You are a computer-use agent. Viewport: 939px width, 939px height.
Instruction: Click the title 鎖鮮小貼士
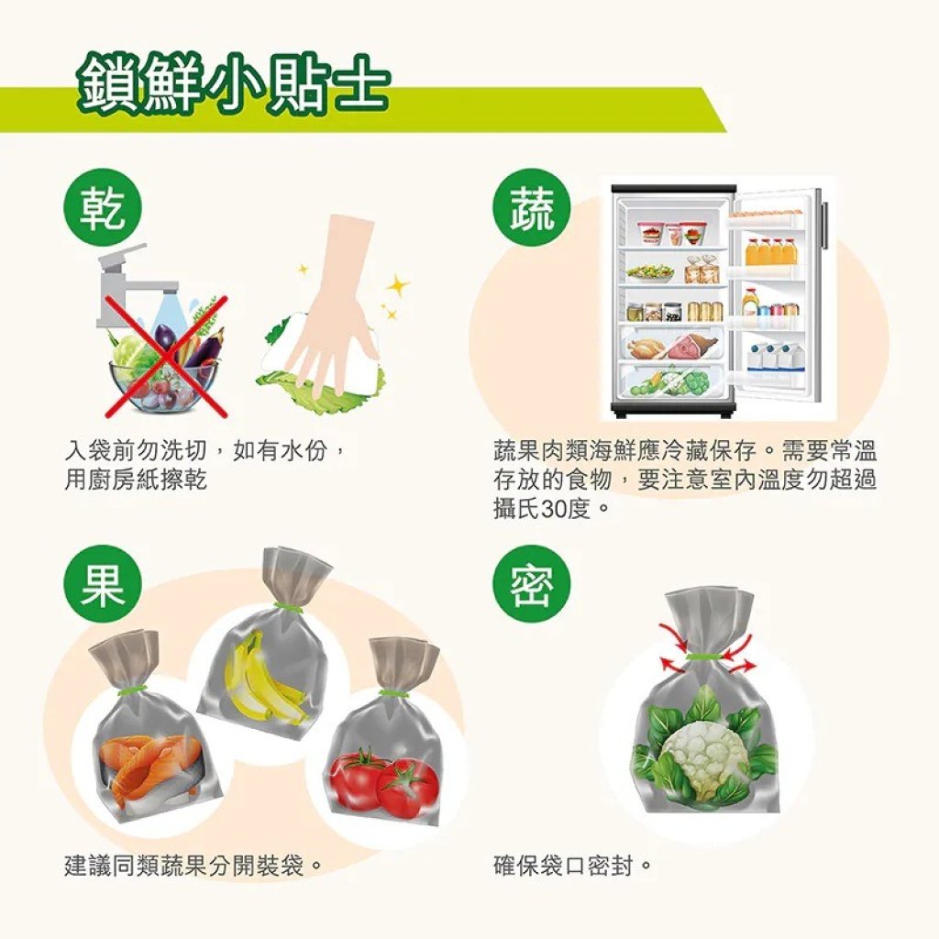pyautogui.click(x=234, y=84)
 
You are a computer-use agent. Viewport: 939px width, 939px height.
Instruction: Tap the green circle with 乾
pyautogui.click(x=103, y=209)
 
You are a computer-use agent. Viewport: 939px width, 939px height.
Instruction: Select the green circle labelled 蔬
pyautogui.click(x=531, y=209)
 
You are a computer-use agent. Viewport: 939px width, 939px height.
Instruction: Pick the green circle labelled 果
pyautogui.click(x=103, y=583)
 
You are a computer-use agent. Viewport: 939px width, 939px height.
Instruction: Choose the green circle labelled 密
pyautogui.click(x=531, y=583)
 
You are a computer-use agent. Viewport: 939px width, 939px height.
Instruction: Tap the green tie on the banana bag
pyautogui.click(x=286, y=608)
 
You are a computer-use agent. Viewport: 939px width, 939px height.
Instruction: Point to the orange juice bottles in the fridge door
pyautogui.click(x=771, y=251)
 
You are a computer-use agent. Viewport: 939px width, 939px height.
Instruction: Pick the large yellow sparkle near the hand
pyautogui.click(x=398, y=286)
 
